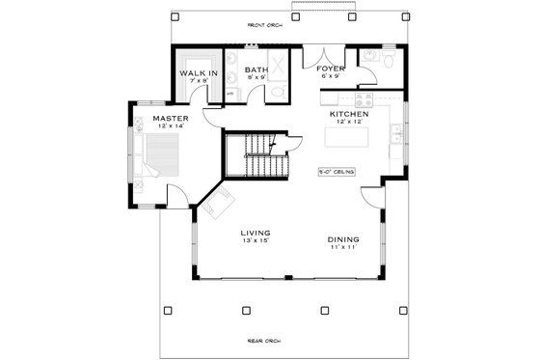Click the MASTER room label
(171, 119)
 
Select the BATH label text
(256, 69)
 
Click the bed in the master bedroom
(151, 156)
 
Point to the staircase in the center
(256, 154)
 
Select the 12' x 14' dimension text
(171, 126)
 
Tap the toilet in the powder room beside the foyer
(386, 61)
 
